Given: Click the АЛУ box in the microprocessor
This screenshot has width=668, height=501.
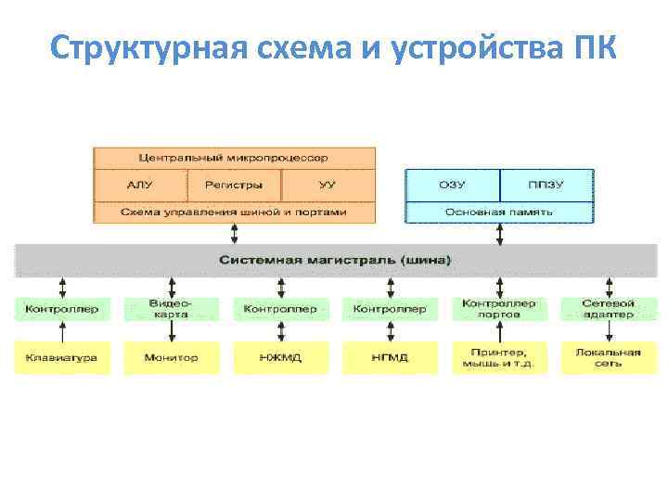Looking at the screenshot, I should [140, 185].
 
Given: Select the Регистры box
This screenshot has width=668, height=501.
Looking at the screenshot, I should [234, 185].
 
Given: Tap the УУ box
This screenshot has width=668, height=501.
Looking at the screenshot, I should [328, 185].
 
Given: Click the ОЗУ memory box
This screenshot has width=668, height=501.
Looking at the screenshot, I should [452, 185].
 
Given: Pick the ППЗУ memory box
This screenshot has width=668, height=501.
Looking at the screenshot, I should [546, 185].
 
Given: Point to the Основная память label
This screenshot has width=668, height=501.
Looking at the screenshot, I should [499, 212].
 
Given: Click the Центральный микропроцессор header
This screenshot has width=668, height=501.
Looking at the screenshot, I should [234, 158].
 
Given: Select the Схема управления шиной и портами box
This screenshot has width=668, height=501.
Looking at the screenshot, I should [234, 212].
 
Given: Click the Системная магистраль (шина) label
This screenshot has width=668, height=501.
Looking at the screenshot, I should [334, 260].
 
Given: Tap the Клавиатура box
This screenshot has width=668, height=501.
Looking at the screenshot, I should [62, 357].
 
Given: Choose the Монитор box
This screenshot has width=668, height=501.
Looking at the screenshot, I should [172, 357].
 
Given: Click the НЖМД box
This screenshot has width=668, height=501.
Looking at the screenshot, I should [280, 357].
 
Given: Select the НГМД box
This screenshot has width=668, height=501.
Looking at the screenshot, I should [390, 357].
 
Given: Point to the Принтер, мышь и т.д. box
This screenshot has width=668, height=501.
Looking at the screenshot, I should [499, 357].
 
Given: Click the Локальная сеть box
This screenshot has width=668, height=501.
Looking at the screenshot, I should [608, 357].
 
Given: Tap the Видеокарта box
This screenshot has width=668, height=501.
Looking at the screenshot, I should [172, 309].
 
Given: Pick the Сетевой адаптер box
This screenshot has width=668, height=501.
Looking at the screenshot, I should [608, 309].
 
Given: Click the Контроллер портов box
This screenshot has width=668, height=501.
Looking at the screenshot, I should [499, 309].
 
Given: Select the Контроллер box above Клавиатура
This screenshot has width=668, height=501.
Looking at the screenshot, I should [62, 309].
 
